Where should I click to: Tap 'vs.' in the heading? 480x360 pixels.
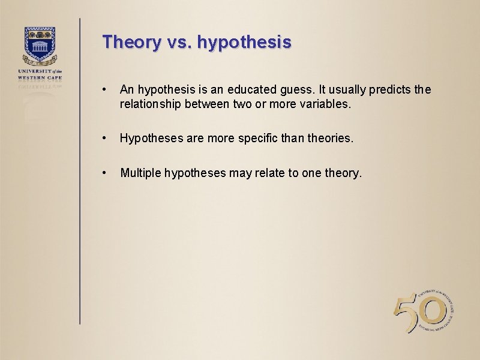click(x=179, y=43)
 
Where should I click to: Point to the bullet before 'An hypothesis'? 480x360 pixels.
click(x=105, y=90)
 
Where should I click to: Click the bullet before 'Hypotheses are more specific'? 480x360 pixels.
click(x=105, y=138)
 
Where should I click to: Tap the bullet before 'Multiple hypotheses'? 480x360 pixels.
click(x=105, y=173)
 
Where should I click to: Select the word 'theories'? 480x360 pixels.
click(x=331, y=138)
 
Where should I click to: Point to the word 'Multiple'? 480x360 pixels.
click(x=140, y=173)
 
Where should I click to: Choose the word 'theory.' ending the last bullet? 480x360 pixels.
click(x=343, y=174)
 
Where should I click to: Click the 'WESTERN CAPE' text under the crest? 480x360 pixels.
click(x=40, y=77)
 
